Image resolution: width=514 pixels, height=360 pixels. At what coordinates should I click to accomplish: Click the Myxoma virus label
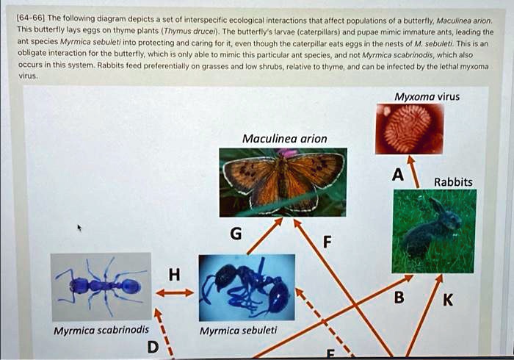pyautogui.click(x=427, y=96)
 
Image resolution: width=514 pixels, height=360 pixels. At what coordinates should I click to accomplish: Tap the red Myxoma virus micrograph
pyautogui.click(x=408, y=129)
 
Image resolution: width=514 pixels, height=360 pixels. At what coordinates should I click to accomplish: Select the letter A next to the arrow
pyautogui.click(x=397, y=175)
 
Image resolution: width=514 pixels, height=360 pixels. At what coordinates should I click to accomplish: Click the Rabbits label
pyautogui.click(x=453, y=181)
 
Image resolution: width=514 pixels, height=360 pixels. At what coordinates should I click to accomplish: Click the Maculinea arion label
pyautogui.click(x=285, y=138)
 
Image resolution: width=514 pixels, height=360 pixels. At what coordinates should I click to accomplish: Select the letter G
pyautogui.click(x=235, y=234)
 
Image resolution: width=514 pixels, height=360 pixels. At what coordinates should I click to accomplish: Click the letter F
pyautogui.click(x=327, y=240)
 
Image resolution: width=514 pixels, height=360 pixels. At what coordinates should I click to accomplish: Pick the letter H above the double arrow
pyautogui.click(x=173, y=275)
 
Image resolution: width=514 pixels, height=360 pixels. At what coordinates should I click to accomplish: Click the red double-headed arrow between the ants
pyautogui.click(x=174, y=292)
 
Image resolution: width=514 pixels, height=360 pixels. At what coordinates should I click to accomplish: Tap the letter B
pyautogui.click(x=398, y=298)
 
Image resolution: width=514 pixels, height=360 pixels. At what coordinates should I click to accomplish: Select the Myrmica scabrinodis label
pyautogui.click(x=101, y=330)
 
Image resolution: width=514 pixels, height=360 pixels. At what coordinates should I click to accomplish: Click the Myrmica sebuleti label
pyautogui.click(x=238, y=330)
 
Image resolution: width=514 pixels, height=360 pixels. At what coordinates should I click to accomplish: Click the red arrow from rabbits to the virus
pyautogui.click(x=414, y=170)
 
